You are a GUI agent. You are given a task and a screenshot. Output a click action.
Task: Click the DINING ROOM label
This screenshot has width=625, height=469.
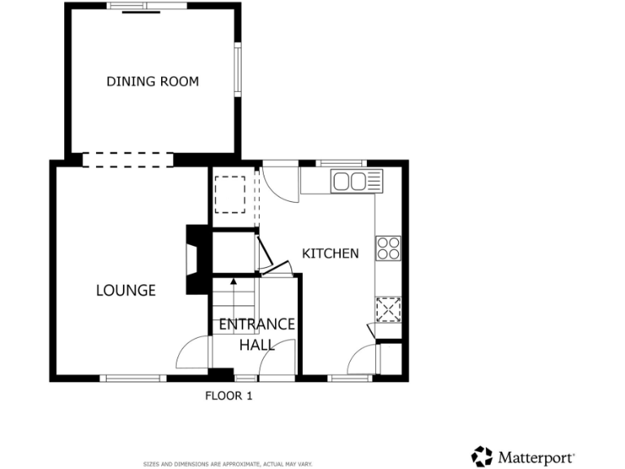152,81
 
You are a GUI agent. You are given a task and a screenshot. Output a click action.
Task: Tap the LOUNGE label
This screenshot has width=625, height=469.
125,290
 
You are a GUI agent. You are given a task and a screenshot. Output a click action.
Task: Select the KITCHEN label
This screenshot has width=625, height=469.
330,253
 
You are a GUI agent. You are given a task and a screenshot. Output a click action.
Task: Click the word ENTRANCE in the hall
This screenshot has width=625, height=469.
256,324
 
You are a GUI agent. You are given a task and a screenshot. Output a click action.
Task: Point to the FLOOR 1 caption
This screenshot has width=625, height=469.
229,397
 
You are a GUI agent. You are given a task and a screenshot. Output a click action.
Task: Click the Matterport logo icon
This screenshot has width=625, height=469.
483,456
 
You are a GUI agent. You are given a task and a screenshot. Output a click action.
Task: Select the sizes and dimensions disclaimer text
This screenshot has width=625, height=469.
228,463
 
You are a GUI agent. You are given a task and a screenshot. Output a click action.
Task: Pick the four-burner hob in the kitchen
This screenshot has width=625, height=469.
388,248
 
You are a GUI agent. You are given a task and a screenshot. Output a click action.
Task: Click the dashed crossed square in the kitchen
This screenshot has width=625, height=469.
388,309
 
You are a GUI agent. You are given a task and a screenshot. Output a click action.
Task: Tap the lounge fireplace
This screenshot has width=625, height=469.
193,259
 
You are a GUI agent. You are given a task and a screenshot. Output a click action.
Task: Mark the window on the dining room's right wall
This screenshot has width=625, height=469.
238,68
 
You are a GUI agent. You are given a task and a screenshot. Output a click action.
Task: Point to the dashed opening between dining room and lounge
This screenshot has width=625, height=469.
127,160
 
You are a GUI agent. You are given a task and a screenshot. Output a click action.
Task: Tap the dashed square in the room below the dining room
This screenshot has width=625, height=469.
230,193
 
